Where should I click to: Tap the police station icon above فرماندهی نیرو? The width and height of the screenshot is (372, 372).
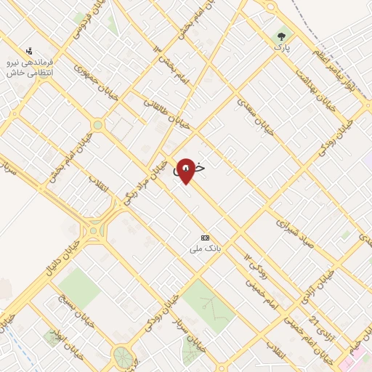tap(29, 51)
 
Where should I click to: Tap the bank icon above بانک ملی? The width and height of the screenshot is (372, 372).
tap(205, 238)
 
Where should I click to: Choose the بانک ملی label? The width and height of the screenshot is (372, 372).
tap(205, 248)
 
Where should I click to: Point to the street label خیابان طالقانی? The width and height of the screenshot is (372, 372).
tap(167, 114)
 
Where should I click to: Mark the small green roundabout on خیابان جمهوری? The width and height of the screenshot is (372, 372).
tap(97, 125)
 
